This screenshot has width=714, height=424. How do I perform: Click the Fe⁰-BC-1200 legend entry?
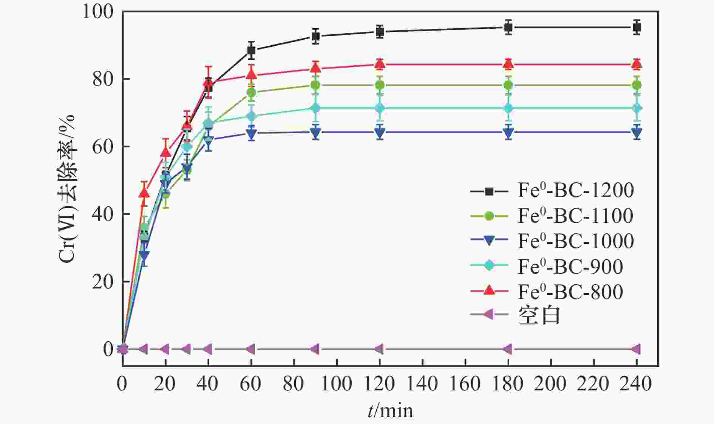pyautogui.click(x=575, y=190)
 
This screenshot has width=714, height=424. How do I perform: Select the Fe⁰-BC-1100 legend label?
pyautogui.click(x=575, y=216)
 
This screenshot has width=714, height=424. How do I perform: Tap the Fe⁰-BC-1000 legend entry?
pyautogui.click(x=575, y=241)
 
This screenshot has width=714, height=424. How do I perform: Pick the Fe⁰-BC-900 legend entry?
pyautogui.click(x=570, y=267)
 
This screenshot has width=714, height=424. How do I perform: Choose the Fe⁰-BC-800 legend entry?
pyautogui.click(x=570, y=291)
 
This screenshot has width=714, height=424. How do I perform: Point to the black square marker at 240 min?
pyautogui.click(x=637, y=27)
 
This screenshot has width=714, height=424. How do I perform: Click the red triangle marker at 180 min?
pyautogui.click(x=508, y=65)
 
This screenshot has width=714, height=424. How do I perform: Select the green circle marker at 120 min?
pyautogui.click(x=380, y=85)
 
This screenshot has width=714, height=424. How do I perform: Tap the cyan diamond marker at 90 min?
pyautogui.click(x=315, y=108)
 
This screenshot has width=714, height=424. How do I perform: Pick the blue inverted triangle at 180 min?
pyautogui.click(x=508, y=133)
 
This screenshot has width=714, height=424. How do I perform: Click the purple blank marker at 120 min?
pyautogui.click(x=380, y=349)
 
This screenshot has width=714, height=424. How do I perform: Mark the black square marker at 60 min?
pyautogui.click(x=251, y=50)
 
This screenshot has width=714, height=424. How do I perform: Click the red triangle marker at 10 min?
pyautogui.click(x=144, y=193)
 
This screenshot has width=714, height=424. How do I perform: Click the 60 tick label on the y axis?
pyautogui.click(x=102, y=146)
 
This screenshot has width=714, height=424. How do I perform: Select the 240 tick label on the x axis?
pyautogui.click(x=637, y=384)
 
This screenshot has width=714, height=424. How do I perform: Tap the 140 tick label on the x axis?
pyautogui.click(x=422, y=384)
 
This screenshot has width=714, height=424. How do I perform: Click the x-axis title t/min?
pyautogui.click(x=390, y=410)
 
